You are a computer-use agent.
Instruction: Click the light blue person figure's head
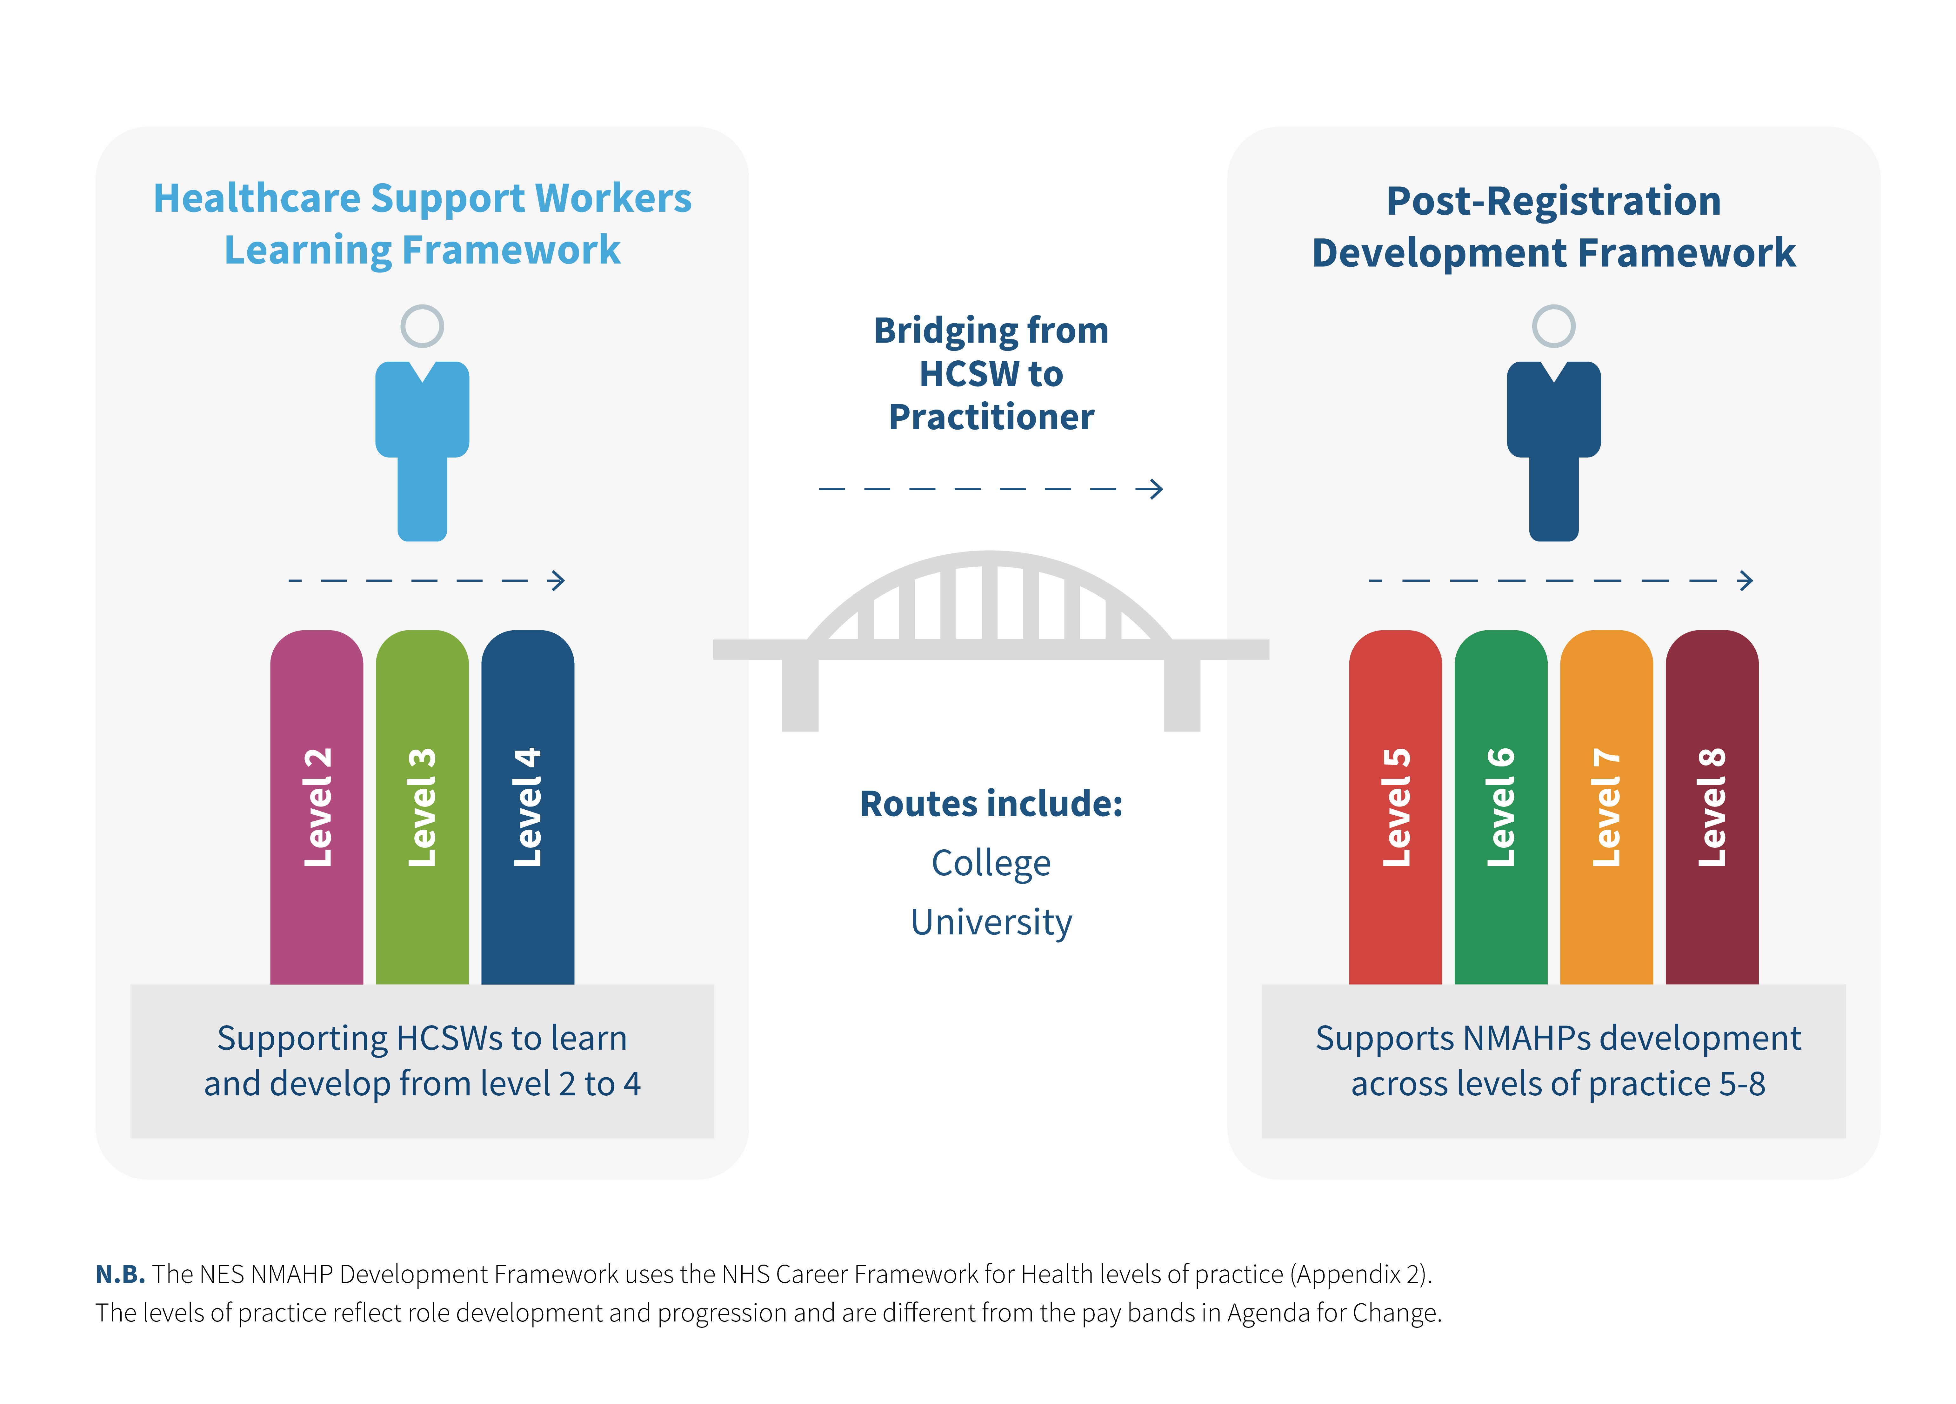(422, 326)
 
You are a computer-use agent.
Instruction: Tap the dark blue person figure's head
(1553, 326)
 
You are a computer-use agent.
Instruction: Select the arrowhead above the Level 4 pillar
(558, 580)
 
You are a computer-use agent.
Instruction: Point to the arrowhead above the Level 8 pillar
(1746, 580)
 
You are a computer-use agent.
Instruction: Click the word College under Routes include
(991, 863)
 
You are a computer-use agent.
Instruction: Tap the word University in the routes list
(991, 922)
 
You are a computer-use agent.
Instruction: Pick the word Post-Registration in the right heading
(1553, 201)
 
